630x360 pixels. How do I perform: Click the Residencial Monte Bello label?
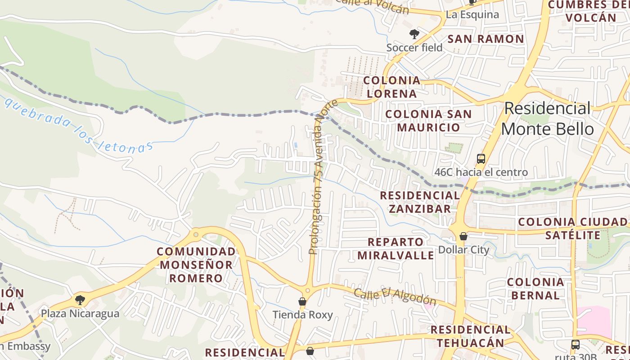pos(547,119)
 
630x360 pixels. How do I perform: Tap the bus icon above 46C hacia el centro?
pos(481,158)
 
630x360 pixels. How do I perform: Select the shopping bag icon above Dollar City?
pos(463,236)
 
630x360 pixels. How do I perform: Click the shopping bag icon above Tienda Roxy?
pos(302,301)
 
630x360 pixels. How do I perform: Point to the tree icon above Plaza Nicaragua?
pos(80,299)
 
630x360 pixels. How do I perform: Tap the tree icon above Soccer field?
pos(414,34)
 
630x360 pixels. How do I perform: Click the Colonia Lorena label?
pos(391,87)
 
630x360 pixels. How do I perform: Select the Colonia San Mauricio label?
pos(428,121)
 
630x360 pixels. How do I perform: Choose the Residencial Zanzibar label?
pos(420,202)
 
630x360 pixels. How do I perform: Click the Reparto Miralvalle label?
pos(396,249)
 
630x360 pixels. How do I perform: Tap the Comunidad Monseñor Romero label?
pos(196,265)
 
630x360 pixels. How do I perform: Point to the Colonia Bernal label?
pos(535,289)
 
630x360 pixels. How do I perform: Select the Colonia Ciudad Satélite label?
pos(572,229)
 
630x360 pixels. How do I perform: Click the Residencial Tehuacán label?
pos(470,336)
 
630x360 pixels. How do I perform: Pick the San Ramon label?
pos(486,39)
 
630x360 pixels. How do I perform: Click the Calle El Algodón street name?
pos(395,296)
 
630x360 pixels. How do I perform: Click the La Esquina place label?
pos(472,14)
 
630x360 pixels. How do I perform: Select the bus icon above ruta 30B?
pos(575,345)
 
